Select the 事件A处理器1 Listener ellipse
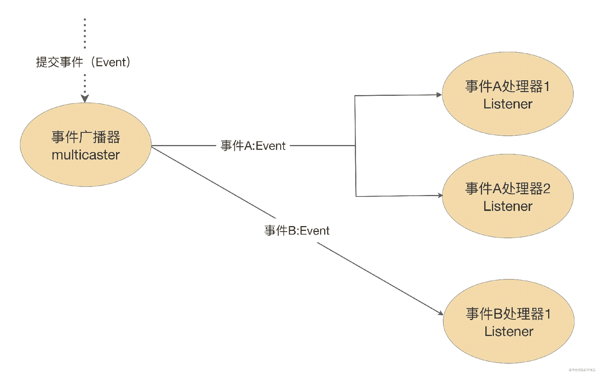[x=508, y=94]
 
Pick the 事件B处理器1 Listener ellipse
[x=509, y=322]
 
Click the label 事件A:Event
[x=253, y=146]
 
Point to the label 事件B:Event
[x=297, y=231]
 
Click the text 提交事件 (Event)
[x=83, y=62]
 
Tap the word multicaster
[x=86, y=155]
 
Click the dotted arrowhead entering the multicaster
[x=85, y=98]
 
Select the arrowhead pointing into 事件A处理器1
[x=439, y=95]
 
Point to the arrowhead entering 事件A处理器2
[x=440, y=195]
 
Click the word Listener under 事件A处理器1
[x=508, y=104]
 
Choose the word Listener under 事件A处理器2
[x=508, y=206]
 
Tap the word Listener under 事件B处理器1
[x=509, y=332]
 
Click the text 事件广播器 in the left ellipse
[x=86, y=137]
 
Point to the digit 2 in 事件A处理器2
[x=546, y=189]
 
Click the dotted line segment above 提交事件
[x=85, y=33]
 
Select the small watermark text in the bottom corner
[x=582, y=370]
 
